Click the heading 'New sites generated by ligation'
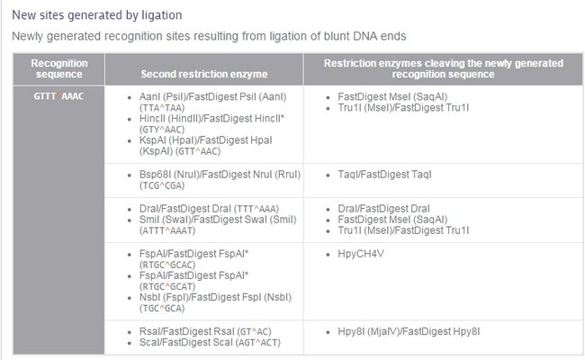point(97,15)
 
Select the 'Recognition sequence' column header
point(58,68)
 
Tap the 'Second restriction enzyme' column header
point(204,74)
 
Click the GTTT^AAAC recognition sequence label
point(58,96)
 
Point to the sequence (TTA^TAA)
point(162,108)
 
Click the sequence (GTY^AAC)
point(162,130)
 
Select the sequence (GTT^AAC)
point(198,151)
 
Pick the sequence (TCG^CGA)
point(162,185)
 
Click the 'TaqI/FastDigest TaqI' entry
point(384,175)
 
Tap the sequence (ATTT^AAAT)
point(167,230)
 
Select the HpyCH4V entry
point(361,254)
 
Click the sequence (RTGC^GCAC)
point(167,265)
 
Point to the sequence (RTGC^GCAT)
point(167,286)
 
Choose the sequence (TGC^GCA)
point(162,308)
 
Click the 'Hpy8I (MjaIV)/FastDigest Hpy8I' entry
point(409,331)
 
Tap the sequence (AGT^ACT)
point(258,343)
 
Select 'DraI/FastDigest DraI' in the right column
point(383,209)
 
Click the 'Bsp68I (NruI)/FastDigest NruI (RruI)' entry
point(220,175)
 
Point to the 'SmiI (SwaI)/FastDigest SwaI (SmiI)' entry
point(218,220)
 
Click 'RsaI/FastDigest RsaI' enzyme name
point(187,331)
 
